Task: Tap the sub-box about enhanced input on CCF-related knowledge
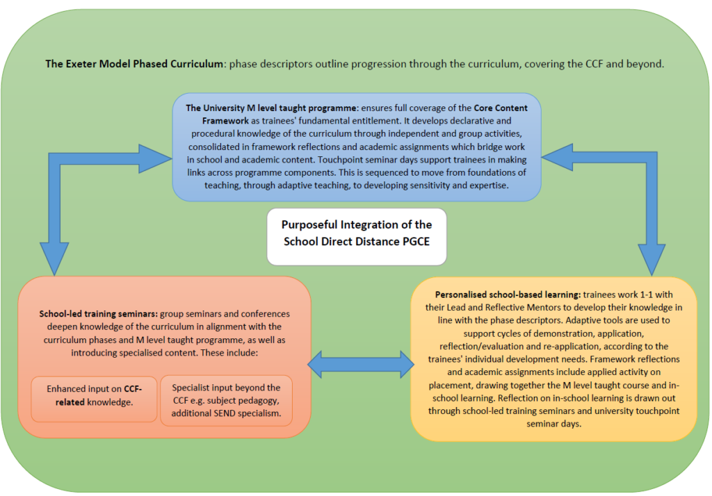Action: point(94,395)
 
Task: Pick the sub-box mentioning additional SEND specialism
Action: point(227,400)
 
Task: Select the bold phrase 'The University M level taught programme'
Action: point(270,108)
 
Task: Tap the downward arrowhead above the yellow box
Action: point(651,263)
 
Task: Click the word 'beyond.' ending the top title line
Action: point(646,64)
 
